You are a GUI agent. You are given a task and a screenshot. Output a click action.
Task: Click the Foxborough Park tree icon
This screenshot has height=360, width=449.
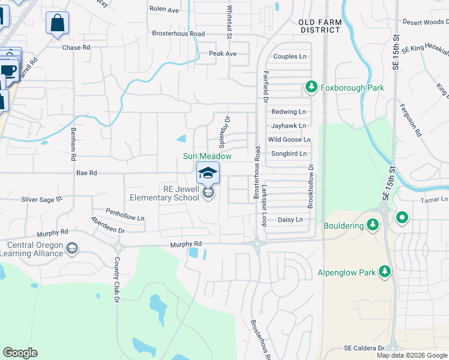coord(311,88)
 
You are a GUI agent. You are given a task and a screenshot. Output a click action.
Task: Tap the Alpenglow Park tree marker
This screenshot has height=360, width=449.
coord(385,272)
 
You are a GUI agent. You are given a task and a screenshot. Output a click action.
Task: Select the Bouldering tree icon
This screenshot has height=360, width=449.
coord(373,225)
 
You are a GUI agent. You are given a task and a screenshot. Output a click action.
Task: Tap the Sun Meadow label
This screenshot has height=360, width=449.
coord(207,157)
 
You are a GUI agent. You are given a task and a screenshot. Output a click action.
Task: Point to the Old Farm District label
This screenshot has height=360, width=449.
coord(320,26)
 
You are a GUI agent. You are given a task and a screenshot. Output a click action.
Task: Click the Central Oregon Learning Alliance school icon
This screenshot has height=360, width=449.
coord(72,248)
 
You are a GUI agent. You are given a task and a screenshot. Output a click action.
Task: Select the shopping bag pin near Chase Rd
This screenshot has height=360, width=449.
coord(58,24)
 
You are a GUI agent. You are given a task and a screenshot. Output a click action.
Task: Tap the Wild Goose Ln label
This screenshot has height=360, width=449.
coord(289,140)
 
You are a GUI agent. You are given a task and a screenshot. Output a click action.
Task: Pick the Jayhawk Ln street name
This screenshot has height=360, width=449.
coord(288,126)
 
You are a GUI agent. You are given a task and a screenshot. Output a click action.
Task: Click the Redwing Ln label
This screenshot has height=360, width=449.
coord(288,112)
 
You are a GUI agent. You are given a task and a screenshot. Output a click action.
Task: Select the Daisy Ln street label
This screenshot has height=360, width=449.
coord(290,220)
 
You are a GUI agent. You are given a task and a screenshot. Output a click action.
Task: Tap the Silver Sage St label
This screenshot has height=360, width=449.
coord(41,199)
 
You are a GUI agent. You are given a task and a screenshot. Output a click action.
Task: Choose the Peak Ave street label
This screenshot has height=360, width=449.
coord(223,54)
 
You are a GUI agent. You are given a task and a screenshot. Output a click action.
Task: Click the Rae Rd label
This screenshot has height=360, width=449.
coord(86,173)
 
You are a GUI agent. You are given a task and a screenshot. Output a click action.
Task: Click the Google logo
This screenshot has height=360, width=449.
coord(20,353)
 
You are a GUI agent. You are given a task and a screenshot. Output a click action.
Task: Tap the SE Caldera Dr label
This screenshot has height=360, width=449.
coord(364,348)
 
